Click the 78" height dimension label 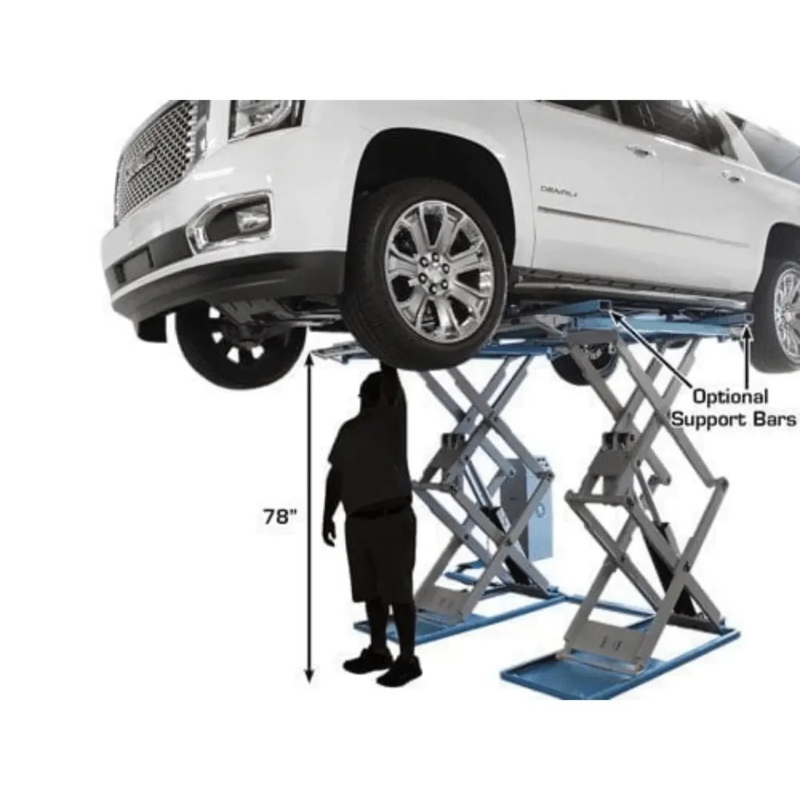pyautogui.click(x=280, y=516)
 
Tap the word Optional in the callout pyautogui.click(x=730, y=396)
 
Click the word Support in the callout pyautogui.click(x=710, y=419)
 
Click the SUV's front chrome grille pyautogui.click(x=159, y=163)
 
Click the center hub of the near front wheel pyautogui.click(x=436, y=271)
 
